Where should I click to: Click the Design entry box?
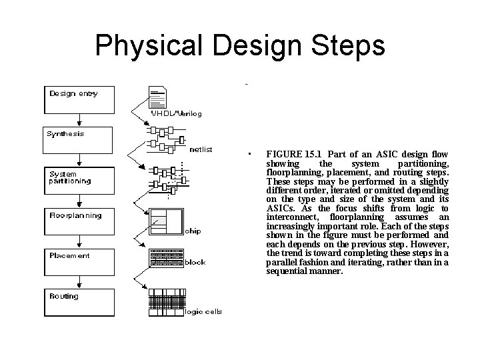pyautogui.click(x=79, y=99)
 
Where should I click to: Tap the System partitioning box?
pyautogui.click(x=79, y=181)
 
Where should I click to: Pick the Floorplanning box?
pyautogui.click(x=79, y=221)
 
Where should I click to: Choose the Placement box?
pyautogui.click(x=79, y=262)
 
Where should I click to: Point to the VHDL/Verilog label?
pyautogui.click(x=177, y=113)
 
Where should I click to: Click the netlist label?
pyautogui.click(x=201, y=149)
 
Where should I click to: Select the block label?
pyautogui.click(x=195, y=262)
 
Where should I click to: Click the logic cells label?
pyautogui.click(x=203, y=311)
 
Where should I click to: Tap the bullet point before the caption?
pyautogui.click(x=247, y=154)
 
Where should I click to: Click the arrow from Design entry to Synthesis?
pyautogui.click(x=79, y=119)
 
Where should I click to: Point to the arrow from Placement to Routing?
pyautogui.click(x=79, y=282)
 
